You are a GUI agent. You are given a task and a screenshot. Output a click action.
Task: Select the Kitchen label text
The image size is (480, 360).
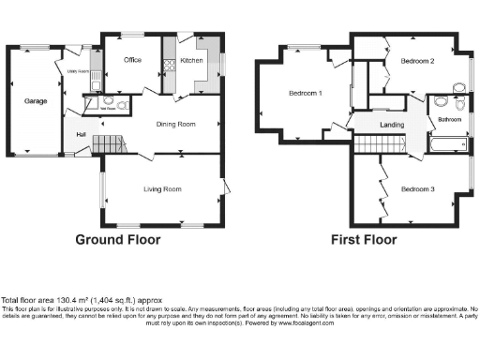(191, 61)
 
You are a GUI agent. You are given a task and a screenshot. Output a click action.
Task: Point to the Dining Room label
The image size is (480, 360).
(175, 124)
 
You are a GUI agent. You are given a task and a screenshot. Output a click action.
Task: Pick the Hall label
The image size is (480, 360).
(82, 133)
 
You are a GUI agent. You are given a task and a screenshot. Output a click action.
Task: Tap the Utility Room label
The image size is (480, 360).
(78, 71)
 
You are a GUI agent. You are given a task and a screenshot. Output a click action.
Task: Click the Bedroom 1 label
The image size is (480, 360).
(305, 94)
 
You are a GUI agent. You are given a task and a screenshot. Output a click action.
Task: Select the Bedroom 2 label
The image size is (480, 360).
(417, 61)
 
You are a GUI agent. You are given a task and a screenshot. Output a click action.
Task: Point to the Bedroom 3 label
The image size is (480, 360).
(417, 189)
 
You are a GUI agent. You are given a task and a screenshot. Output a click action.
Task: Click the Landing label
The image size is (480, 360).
(391, 124)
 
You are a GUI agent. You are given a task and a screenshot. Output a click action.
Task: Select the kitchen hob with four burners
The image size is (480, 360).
(170, 67)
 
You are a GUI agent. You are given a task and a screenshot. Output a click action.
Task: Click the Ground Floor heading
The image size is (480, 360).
(117, 239)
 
